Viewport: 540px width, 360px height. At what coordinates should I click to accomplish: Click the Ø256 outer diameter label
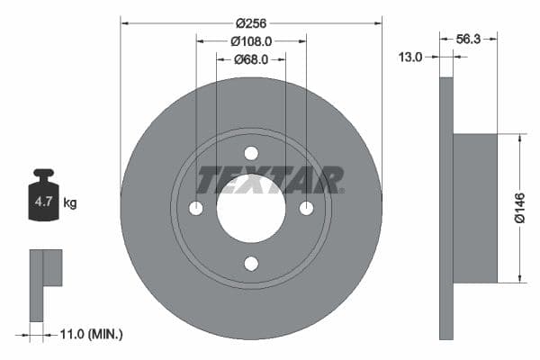(250, 22)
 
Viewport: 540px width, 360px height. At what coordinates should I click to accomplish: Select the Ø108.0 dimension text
(251, 40)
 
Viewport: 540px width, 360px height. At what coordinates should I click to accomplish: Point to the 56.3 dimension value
(468, 39)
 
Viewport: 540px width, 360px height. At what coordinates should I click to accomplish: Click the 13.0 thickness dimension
(410, 57)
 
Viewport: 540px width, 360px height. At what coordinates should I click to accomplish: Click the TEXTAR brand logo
(270, 180)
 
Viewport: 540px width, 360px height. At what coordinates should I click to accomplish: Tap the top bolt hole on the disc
(251, 153)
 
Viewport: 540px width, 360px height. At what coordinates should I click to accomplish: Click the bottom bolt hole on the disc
(251, 264)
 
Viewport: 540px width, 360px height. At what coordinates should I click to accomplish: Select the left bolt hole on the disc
(196, 208)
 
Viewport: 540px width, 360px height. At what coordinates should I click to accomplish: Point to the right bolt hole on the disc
(306, 208)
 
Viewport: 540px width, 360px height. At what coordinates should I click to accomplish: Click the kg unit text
(70, 203)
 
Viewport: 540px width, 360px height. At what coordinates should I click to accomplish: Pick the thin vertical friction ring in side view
(445, 208)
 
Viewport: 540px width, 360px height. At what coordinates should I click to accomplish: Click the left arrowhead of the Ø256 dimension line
(123, 22)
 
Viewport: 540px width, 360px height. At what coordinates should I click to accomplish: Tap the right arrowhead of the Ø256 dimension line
(379, 22)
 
